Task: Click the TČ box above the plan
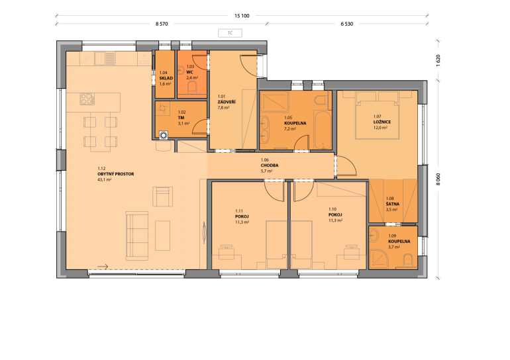(x=230, y=33)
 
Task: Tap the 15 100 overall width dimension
(x=242, y=16)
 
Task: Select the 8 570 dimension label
(x=162, y=24)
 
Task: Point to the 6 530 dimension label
(x=346, y=24)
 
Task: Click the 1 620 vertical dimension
(x=438, y=61)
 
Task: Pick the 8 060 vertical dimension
(x=438, y=179)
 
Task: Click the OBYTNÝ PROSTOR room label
(x=116, y=174)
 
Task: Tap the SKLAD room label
(x=166, y=78)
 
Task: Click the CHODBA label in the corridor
(x=270, y=165)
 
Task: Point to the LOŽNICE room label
(x=382, y=122)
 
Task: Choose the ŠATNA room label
(x=393, y=204)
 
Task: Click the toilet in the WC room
(x=192, y=88)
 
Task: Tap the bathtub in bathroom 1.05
(x=323, y=129)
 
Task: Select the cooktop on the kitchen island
(x=87, y=99)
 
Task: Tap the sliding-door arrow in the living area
(x=103, y=267)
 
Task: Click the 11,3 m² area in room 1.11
(x=242, y=222)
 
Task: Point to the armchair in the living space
(x=163, y=197)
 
